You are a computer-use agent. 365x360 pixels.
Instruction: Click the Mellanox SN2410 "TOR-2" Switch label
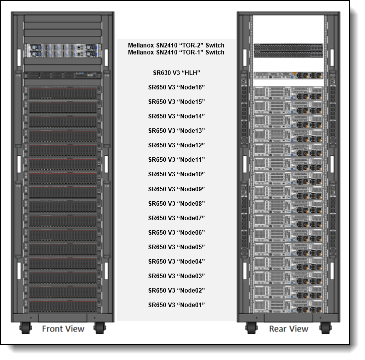(176, 45)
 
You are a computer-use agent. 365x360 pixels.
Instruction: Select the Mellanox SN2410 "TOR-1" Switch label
(176, 52)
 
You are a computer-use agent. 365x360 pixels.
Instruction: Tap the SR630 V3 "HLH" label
(176, 73)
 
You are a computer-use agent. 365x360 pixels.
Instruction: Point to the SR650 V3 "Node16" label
(176, 87)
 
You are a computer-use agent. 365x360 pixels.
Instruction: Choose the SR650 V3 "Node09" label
(176, 189)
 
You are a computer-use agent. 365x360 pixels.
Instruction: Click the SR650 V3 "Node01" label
(176, 305)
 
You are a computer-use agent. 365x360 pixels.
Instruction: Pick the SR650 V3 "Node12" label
(176, 145)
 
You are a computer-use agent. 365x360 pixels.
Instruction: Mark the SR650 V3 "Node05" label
(176, 247)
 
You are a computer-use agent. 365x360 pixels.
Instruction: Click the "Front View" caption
(63, 329)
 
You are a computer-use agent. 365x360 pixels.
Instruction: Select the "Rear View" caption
(289, 329)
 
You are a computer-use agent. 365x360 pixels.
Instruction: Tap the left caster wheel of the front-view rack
(25, 328)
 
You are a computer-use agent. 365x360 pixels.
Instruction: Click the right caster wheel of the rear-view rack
(326, 328)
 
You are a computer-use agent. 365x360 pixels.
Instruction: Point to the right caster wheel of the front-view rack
(100, 328)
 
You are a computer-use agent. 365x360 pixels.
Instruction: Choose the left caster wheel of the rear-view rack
(251, 328)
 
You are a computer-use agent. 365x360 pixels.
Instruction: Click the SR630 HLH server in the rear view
(289, 75)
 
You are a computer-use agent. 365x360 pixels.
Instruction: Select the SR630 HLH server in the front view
(62, 75)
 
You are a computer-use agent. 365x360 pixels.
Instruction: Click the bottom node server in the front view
(62, 306)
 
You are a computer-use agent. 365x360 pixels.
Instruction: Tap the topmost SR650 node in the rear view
(289, 93)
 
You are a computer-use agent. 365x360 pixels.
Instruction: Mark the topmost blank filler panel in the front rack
(62, 18)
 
